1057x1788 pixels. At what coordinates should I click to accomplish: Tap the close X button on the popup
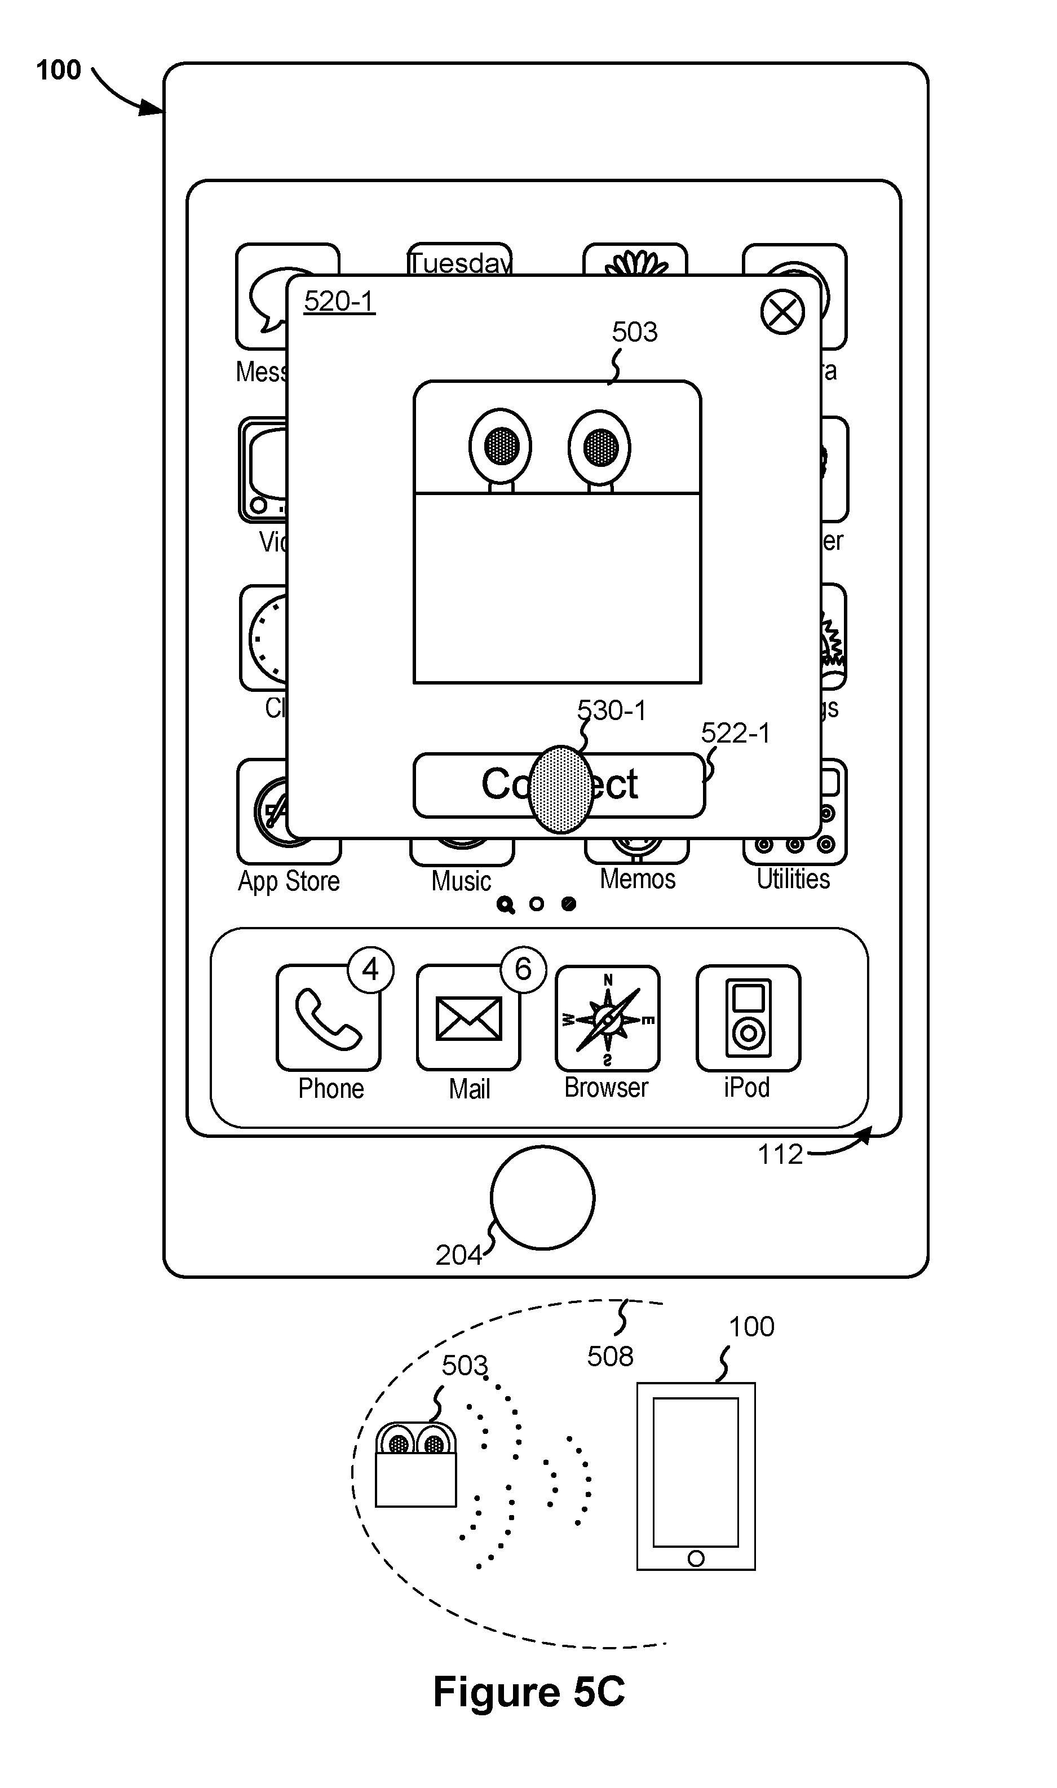pos(782,312)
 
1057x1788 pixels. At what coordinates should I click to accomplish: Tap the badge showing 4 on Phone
pos(370,969)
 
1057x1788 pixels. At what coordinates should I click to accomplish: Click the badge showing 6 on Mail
pos(523,969)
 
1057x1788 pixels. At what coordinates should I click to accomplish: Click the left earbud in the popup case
pos(501,446)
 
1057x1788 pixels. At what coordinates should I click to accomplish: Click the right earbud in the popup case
pos(600,446)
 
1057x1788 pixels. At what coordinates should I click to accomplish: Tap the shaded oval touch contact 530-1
pos(561,789)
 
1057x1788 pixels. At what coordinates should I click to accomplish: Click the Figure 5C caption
pos(529,1692)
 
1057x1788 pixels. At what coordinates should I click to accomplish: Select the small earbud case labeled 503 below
pos(416,1466)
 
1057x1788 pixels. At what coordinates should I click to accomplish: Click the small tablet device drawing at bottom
pos(696,1477)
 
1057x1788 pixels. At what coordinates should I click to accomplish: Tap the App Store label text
pos(289,881)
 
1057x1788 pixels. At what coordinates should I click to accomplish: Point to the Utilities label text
pos(793,879)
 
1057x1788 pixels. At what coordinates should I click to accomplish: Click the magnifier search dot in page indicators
pos(505,904)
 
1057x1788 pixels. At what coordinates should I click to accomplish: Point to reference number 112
pos(780,1154)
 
